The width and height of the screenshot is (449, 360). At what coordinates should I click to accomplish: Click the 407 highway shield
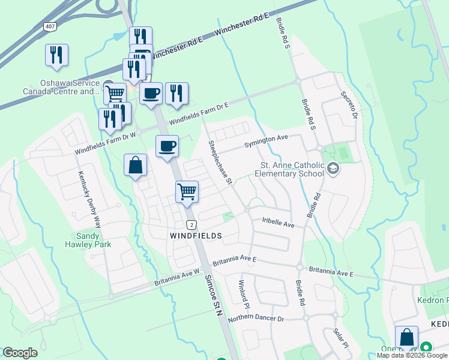tap(50, 27)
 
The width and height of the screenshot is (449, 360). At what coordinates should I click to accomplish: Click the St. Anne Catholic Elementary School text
tap(292, 170)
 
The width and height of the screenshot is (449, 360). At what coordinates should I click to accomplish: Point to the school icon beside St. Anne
tap(333, 170)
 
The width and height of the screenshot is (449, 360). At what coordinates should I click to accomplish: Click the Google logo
tap(20, 353)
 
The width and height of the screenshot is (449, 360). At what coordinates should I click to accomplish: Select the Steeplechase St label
tap(220, 163)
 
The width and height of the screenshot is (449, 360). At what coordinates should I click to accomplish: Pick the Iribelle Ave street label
tap(279, 223)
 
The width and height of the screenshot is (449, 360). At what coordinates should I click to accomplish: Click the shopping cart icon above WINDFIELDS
tap(187, 191)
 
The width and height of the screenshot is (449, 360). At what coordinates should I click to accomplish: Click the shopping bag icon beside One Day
tap(406, 337)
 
